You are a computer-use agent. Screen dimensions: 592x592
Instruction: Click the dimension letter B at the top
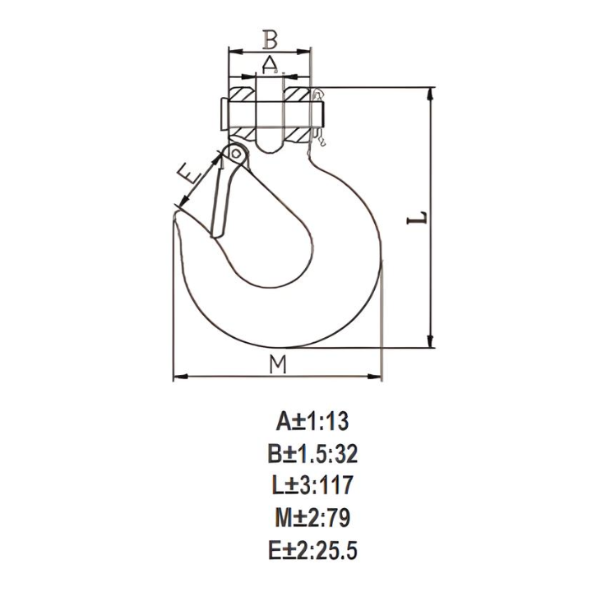pyautogui.click(x=270, y=38)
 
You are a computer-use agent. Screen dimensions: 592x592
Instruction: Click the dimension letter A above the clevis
pyautogui.click(x=270, y=62)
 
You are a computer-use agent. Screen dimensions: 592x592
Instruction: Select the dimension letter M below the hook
pyautogui.click(x=279, y=364)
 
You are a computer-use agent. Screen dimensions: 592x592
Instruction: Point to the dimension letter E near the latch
pyautogui.click(x=190, y=173)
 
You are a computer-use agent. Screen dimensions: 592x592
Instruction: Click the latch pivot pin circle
pyautogui.click(x=236, y=153)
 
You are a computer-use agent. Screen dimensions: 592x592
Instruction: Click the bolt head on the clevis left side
pyautogui.click(x=223, y=113)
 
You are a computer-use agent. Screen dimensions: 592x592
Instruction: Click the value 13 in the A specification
pyautogui.click(x=336, y=422)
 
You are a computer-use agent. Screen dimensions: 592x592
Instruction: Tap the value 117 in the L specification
pyautogui.click(x=335, y=485)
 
